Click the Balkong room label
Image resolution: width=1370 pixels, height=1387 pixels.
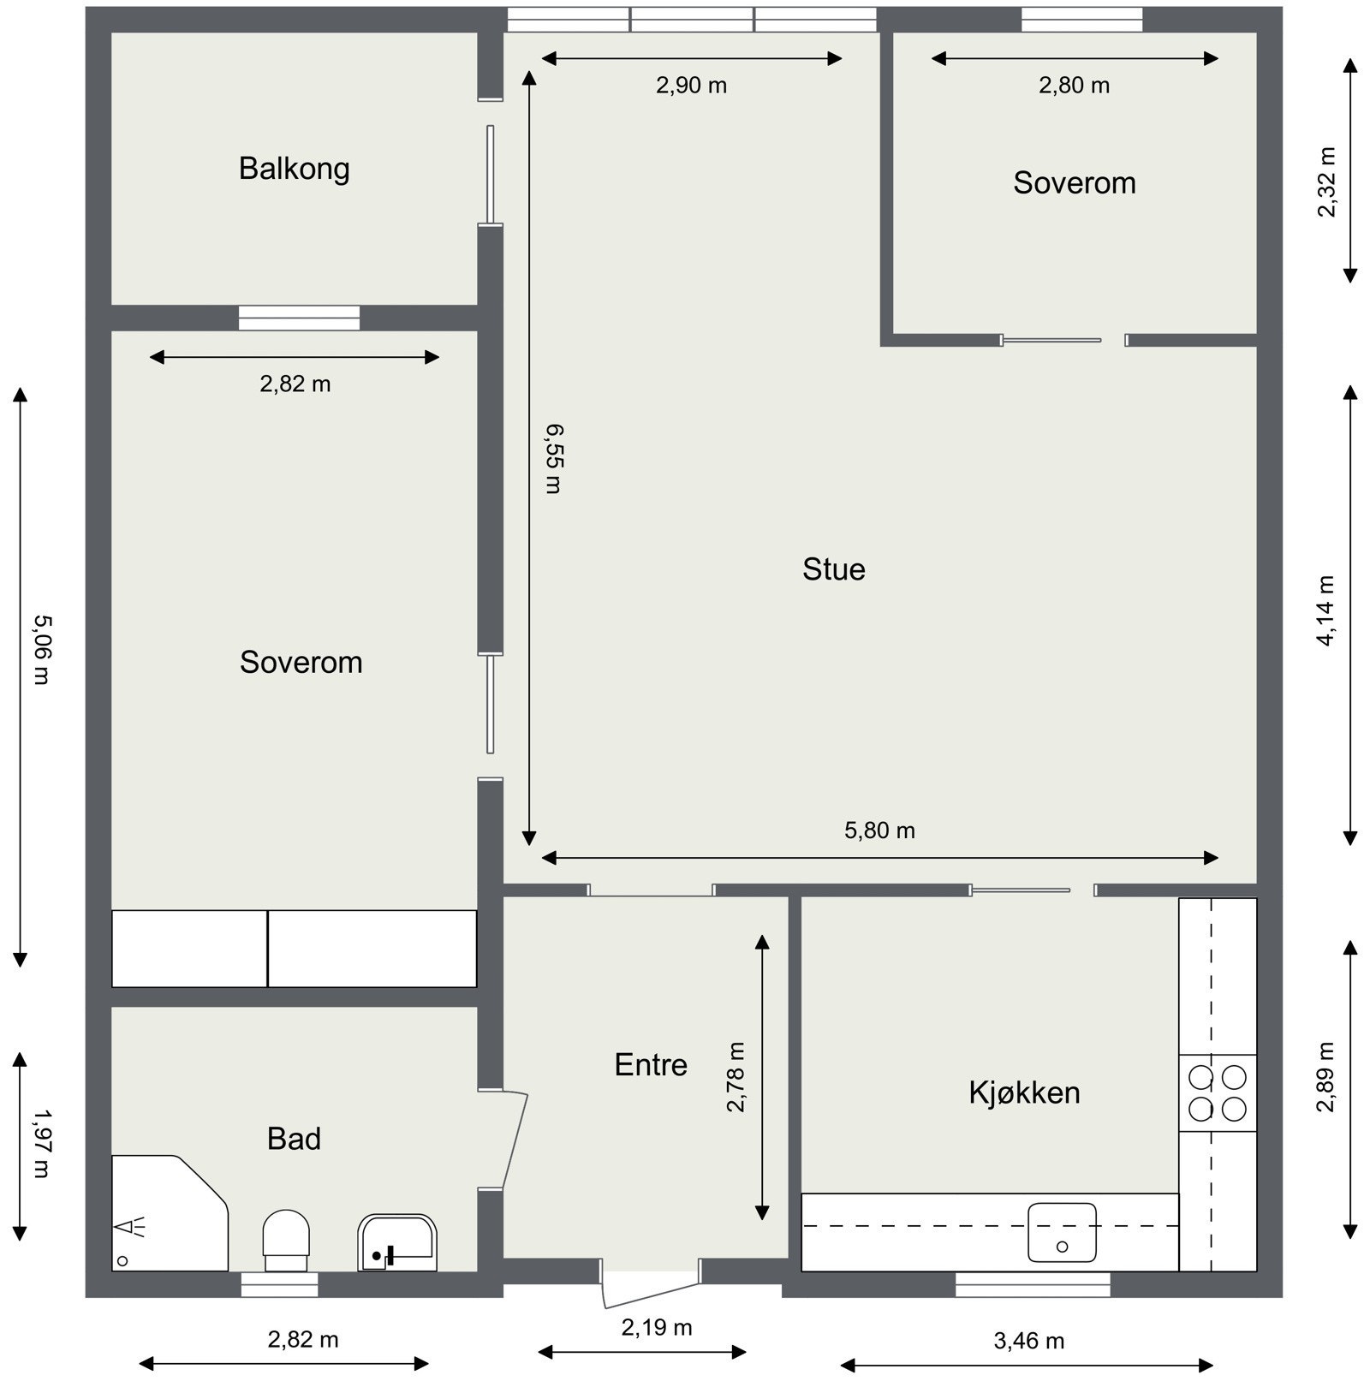(294, 169)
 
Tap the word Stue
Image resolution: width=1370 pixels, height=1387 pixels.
(833, 569)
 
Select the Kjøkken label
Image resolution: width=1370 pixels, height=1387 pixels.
(1024, 1092)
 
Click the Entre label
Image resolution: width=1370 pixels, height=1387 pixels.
(651, 1065)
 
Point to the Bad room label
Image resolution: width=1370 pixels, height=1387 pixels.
(294, 1139)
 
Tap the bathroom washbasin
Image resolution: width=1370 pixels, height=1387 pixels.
(397, 1242)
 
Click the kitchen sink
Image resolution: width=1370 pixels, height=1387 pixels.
(1062, 1232)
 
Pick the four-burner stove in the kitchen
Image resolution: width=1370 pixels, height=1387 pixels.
(1217, 1092)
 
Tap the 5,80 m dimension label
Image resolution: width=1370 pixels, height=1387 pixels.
(879, 830)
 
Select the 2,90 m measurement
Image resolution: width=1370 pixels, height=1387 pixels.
(691, 86)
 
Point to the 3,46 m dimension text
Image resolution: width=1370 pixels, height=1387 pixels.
(1028, 1341)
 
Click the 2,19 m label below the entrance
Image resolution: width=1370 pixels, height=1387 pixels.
(656, 1328)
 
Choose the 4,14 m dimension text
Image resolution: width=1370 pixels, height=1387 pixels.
(1325, 610)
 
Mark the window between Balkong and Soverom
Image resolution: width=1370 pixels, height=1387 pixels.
(299, 318)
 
